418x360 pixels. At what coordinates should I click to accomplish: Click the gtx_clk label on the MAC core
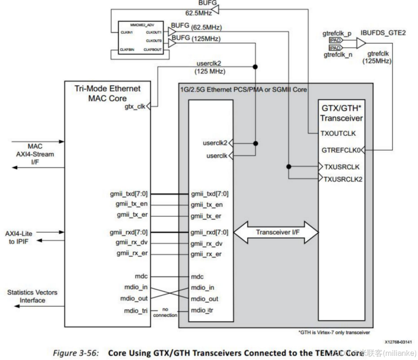coord(134,106)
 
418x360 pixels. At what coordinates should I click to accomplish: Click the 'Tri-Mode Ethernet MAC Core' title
coord(107,93)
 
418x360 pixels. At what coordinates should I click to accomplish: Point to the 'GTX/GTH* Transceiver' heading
coord(341,113)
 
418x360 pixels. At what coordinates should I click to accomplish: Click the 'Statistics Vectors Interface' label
coord(32,296)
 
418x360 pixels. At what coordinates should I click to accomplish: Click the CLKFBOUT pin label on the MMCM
coord(153,49)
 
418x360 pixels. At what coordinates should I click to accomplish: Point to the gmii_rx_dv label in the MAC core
coord(133,242)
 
